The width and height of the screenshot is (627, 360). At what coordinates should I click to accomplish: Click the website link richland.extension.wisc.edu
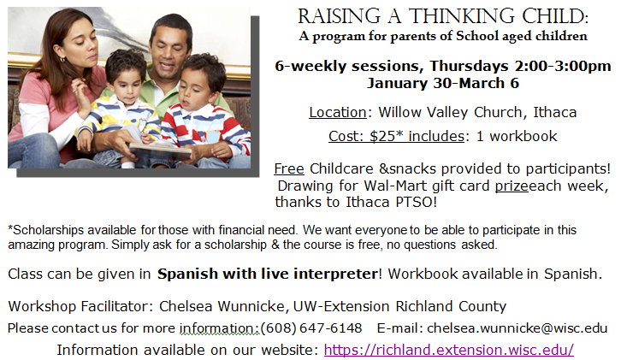449,350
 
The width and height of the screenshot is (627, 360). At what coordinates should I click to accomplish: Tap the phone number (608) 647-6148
311,328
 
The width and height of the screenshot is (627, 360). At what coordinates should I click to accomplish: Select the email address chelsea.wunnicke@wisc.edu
517,328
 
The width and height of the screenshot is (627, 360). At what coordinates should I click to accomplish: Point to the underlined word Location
338,112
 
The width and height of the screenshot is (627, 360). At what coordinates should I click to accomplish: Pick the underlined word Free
289,168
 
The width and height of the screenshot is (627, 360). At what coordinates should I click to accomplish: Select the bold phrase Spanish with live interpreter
268,274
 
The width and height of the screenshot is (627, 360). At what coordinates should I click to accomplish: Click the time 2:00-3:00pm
563,66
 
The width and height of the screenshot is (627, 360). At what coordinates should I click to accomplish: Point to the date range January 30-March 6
443,83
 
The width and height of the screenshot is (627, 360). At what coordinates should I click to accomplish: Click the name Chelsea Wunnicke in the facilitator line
222,306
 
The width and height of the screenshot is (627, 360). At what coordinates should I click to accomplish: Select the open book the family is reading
160,149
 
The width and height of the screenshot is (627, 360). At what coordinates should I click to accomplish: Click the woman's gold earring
62,60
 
